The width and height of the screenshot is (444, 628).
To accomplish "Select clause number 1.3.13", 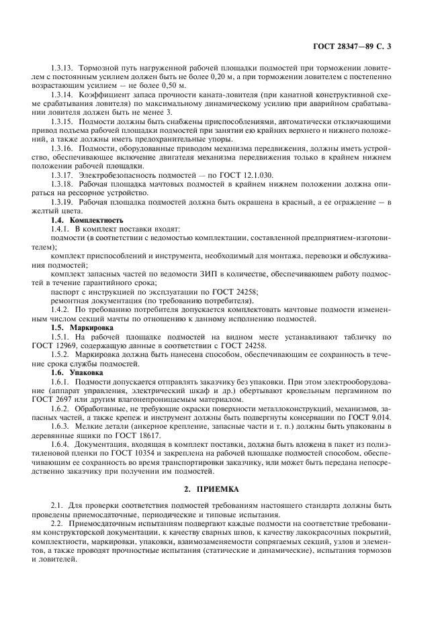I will coord(63,68).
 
